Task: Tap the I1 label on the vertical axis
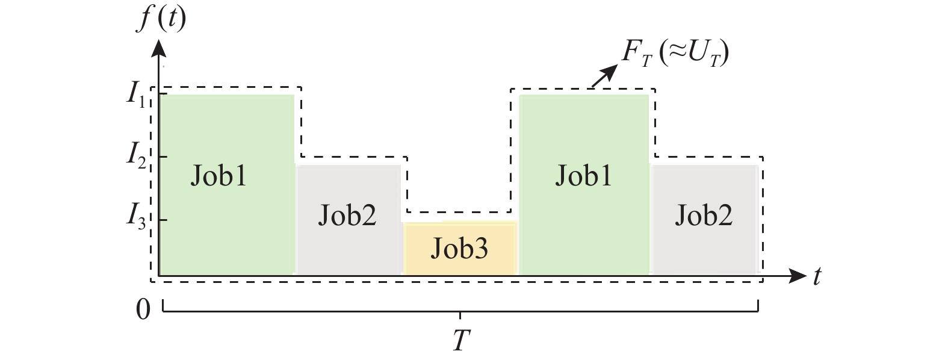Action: [135, 95]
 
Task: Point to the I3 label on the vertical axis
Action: [136, 215]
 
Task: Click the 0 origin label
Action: [143, 310]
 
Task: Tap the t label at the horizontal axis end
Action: [817, 276]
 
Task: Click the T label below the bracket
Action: [460, 341]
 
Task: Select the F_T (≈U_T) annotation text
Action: [675, 54]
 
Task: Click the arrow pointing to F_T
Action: [605, 75]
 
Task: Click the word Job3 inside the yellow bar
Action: [459, 249]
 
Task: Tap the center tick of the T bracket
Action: [460, 315]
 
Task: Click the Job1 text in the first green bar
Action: [218, 176]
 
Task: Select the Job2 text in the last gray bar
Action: [704, 215]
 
